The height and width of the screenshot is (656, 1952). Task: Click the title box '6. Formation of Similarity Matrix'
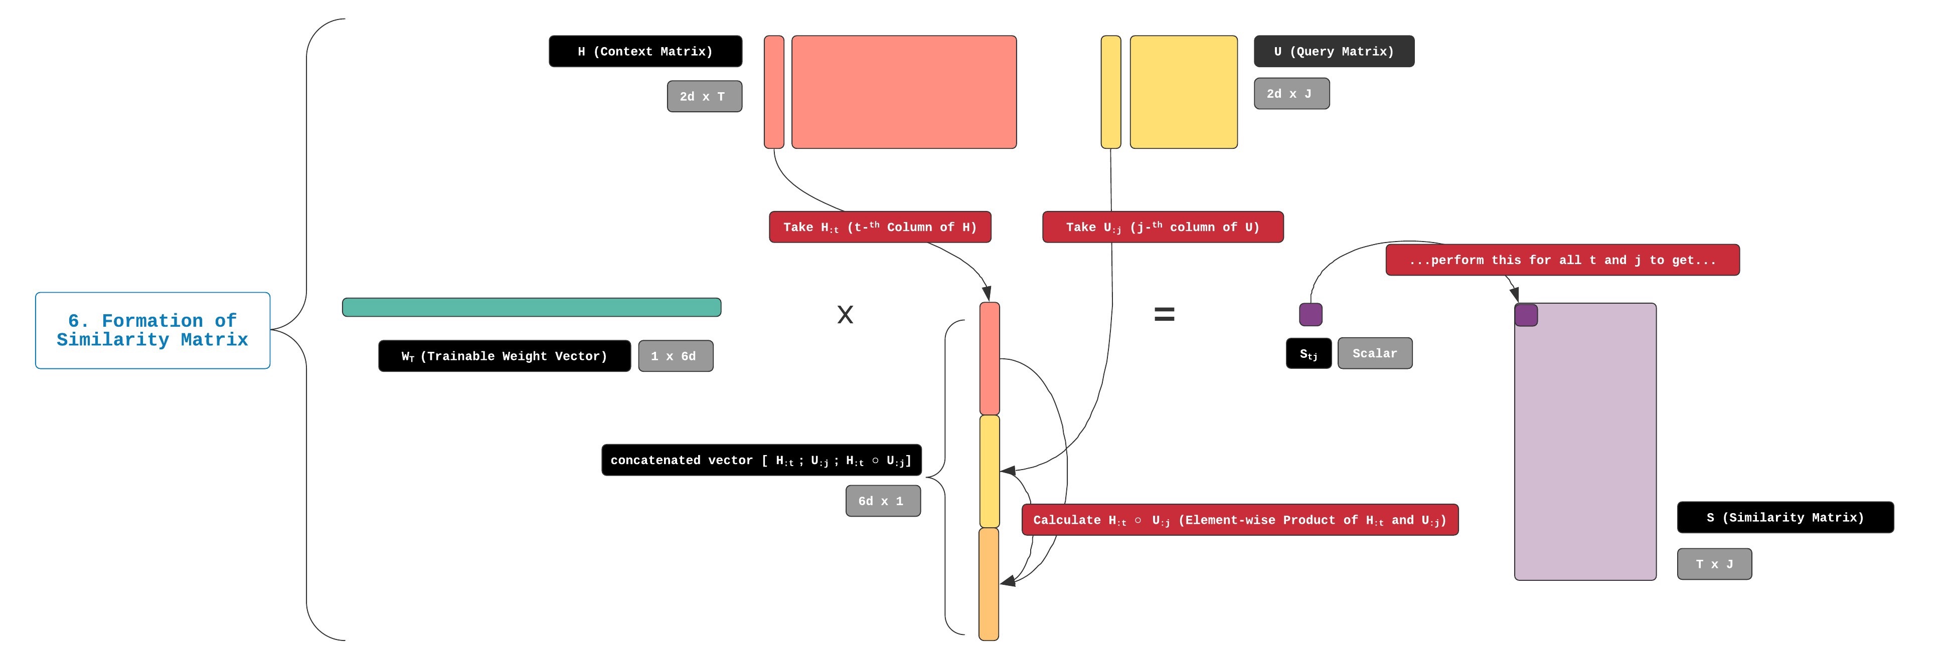(152, 330)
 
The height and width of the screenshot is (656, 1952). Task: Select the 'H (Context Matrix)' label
(645, 52)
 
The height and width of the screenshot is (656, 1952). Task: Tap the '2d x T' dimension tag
(704, 97)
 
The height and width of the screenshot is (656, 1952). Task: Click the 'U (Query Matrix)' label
(1334, 52)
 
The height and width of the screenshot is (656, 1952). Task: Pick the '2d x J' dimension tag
(1291, 94)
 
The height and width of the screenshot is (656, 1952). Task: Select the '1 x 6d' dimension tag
(675, 356)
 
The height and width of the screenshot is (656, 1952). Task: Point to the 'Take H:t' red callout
(880, 227)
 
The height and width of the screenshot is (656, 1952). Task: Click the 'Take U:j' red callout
(1163, 227)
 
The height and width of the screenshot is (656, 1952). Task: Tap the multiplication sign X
(845, 314)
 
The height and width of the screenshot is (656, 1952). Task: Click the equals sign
(1164, 314)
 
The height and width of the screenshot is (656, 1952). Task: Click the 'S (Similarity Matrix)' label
(1784, 517)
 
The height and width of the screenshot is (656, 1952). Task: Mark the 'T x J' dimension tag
(1714, 564)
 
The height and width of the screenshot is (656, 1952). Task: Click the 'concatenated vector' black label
(761, 461)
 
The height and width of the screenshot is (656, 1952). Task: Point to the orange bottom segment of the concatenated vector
(989, 584)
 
